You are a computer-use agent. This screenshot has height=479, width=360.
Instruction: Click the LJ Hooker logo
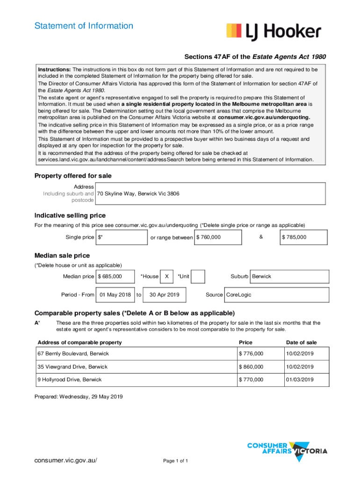coord(274,32)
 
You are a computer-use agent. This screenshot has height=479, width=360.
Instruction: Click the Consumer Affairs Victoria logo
coord(287,450)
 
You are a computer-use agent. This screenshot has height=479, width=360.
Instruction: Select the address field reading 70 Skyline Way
coord(210,194)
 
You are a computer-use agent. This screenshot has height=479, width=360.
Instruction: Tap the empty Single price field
coord(122,237)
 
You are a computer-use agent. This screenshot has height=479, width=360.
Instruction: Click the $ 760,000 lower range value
coord(218,237)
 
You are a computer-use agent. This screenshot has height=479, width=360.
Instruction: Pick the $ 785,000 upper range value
coord(303,237)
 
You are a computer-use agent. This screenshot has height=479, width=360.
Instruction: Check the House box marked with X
coord(167,276)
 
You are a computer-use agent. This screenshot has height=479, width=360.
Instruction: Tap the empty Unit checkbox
coord(198,276)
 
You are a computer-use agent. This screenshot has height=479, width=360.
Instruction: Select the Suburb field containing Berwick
coord(289,276)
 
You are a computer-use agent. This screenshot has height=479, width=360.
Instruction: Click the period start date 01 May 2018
coord(115,295)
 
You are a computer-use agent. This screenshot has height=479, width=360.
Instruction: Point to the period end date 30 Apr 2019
coord(164,295)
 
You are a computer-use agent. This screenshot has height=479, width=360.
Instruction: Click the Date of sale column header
coord(301,342)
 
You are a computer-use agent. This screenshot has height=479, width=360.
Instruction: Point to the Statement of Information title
coord(84,26)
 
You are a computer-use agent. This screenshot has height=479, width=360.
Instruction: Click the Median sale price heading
coord(62,255)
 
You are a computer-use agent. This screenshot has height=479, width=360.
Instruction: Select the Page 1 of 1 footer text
coord(175,461)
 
